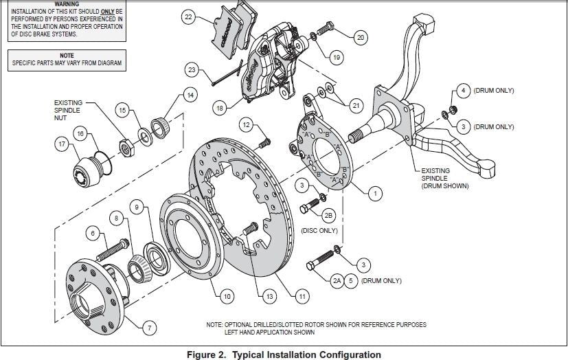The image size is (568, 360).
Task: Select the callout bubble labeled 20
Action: (360, 37)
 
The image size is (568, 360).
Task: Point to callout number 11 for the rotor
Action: (302, 297)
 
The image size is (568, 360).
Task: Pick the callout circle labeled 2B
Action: (328, 215)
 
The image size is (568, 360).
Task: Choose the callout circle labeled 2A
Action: (337, 280)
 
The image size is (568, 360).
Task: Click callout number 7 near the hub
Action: (149, 328)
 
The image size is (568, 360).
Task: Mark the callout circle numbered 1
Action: (375, 194)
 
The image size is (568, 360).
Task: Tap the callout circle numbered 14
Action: (190, 95)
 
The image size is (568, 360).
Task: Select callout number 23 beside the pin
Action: (192, 69)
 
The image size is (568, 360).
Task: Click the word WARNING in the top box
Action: (67, 3)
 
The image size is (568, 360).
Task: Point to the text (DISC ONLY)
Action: (319, 230)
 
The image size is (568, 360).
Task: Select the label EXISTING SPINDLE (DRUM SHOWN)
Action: (445, 178)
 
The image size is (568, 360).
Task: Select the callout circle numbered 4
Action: (463, 91)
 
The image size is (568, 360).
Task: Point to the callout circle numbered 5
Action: (350, 280)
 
